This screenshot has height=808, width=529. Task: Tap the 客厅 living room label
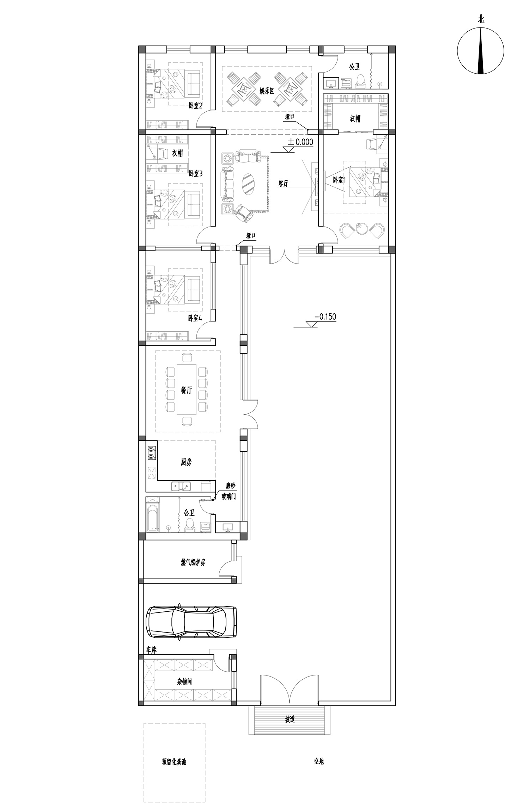283,184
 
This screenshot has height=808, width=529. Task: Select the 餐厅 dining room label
186,390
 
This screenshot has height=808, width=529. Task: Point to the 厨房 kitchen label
186,462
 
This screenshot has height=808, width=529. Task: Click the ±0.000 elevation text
300,142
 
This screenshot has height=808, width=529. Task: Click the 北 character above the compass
481,20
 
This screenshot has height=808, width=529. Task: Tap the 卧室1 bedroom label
340,180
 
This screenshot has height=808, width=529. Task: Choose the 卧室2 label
195,105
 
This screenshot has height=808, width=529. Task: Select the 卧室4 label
195,318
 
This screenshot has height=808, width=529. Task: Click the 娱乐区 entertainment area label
267,91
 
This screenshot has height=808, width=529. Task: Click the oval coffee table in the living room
249,184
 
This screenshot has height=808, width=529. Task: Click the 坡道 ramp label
290,720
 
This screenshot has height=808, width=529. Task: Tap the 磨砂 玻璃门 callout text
229,491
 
